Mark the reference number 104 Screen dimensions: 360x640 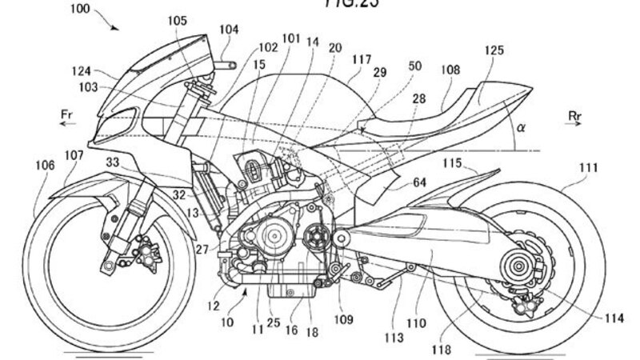pyautogui.click(x=229, y=28)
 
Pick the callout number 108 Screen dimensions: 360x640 pyautogui.click(x=450, y=70)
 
